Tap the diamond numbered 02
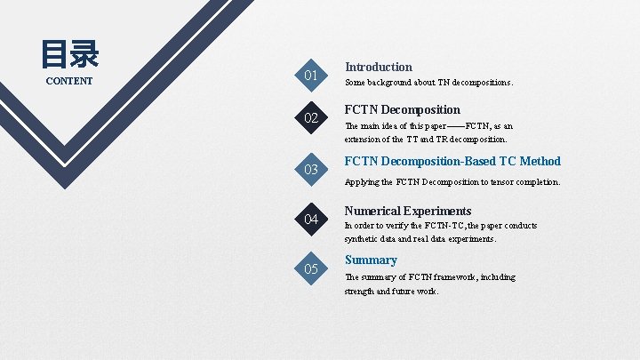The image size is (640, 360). (311, 119)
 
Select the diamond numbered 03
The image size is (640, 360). (311, 169)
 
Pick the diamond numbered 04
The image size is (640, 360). (311, 219)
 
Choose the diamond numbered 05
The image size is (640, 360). (311, 268)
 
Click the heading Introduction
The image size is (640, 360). (379, 67)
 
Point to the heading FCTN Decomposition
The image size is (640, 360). (403, 110)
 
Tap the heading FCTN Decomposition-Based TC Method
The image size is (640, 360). (452, 161)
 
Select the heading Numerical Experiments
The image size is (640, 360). (408, 211)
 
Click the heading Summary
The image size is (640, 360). (371, 260)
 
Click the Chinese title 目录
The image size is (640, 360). (69, 55)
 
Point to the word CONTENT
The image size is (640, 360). (69, 82)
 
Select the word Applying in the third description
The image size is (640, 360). (363, 182)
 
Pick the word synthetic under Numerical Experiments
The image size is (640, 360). (364, 239)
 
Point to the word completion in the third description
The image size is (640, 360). (537, 182)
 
